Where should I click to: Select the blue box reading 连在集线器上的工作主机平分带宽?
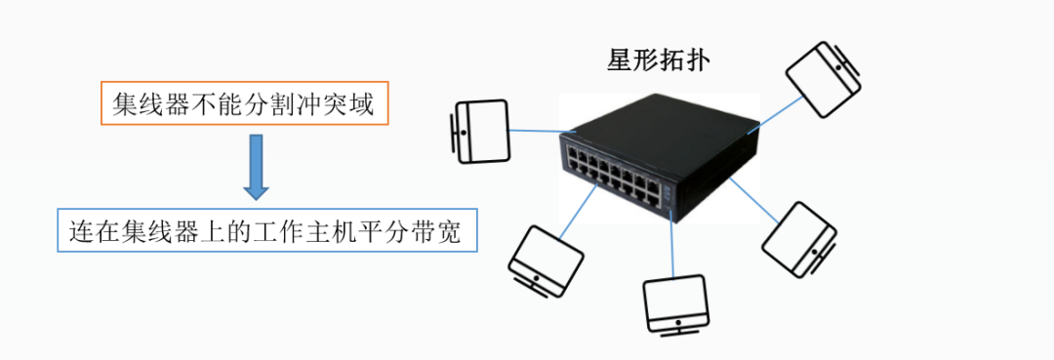coord(266,230)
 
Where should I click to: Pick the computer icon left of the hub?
coord(478,132)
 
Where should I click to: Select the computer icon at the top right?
coord(823,79)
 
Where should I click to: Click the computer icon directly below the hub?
coord(675,306)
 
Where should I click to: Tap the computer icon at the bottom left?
coord(544,262)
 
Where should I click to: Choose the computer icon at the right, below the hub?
coord(800,238)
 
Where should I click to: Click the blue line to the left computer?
coord(541,132)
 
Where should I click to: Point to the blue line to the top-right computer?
coord(776,114)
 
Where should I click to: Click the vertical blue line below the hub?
coord(672,244)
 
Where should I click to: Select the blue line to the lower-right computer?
coord(753,201)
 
